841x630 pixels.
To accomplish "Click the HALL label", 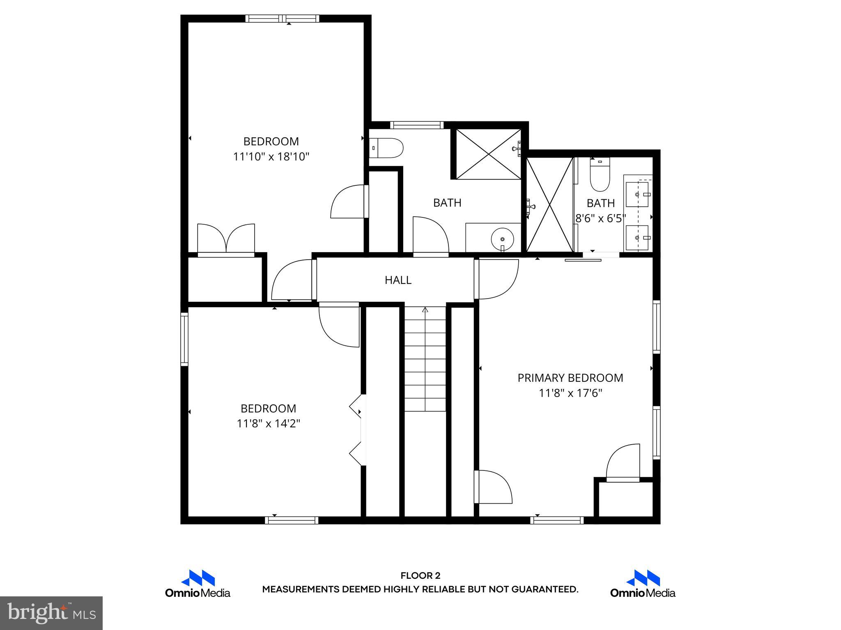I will (x=398, y=280).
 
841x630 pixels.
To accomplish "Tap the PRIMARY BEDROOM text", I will (x=570, y=378).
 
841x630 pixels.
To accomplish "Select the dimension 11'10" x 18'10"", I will (x=271, y=157).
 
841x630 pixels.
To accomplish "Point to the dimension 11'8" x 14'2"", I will (x=268, y=423).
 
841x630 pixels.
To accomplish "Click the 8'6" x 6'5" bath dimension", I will (x=600, y=218).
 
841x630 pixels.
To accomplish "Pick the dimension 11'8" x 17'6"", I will (x=570, y=393).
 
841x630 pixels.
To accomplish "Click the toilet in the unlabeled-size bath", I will (x=386, y=148).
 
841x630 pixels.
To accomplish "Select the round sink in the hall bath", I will (x=502, y=239).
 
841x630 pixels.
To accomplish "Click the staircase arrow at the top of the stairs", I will (x=425, y=310).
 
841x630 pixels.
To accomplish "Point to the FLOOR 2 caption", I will (x=420, y=576).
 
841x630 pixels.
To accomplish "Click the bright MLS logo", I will (x=51, y=613).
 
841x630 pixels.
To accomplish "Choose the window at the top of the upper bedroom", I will (x=283, y=18).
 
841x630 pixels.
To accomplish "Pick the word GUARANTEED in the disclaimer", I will (x=544, y=589).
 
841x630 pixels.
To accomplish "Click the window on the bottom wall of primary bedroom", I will (x=557, y=520).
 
